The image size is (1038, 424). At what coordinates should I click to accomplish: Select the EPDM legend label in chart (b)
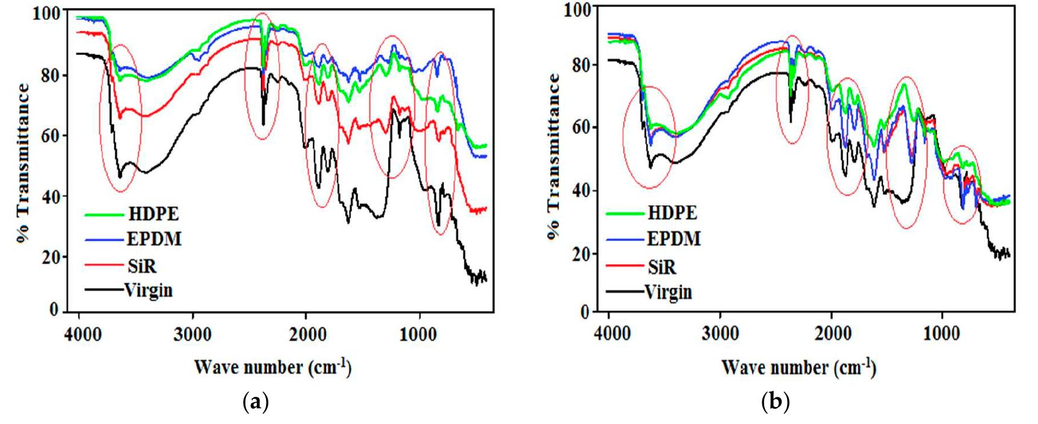(674, 239)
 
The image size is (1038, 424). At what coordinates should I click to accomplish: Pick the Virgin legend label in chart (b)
(668, 293)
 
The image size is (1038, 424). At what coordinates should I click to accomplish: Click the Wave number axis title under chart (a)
(273, 367)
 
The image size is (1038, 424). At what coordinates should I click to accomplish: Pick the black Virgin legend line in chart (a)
(104, 290)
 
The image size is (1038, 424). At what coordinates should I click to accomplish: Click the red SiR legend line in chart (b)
(625, 265)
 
